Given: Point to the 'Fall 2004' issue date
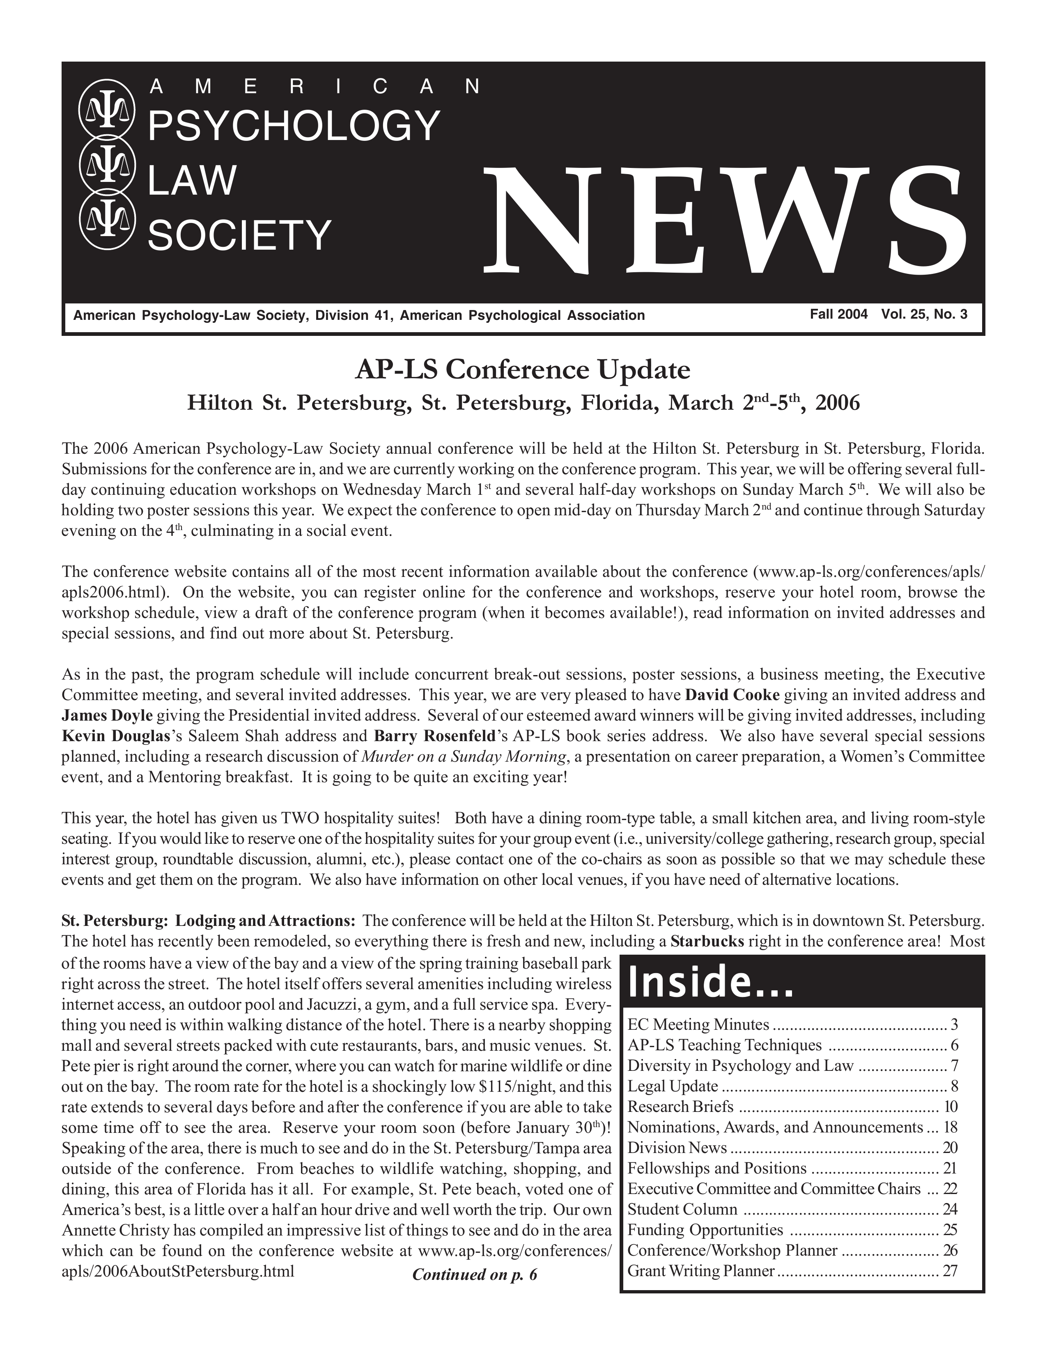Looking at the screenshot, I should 838,314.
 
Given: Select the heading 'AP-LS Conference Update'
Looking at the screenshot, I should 522,370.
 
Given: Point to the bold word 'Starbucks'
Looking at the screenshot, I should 707,941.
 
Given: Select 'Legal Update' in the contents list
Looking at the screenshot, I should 673,1086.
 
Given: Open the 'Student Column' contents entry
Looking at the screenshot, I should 682,1209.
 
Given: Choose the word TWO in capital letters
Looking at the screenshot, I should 300,818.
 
